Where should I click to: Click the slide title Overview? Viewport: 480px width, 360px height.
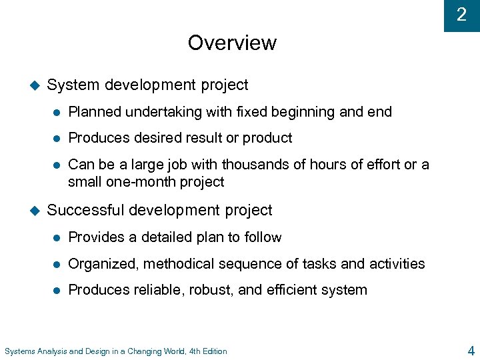coord(232,43)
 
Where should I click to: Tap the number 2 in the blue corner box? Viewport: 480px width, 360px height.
coord(461,15)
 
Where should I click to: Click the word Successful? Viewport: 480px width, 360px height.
coord(85,211)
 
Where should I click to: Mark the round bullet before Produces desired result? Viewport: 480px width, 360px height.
coord(57,139)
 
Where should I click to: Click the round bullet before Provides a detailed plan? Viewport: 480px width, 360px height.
coord(57,238)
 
